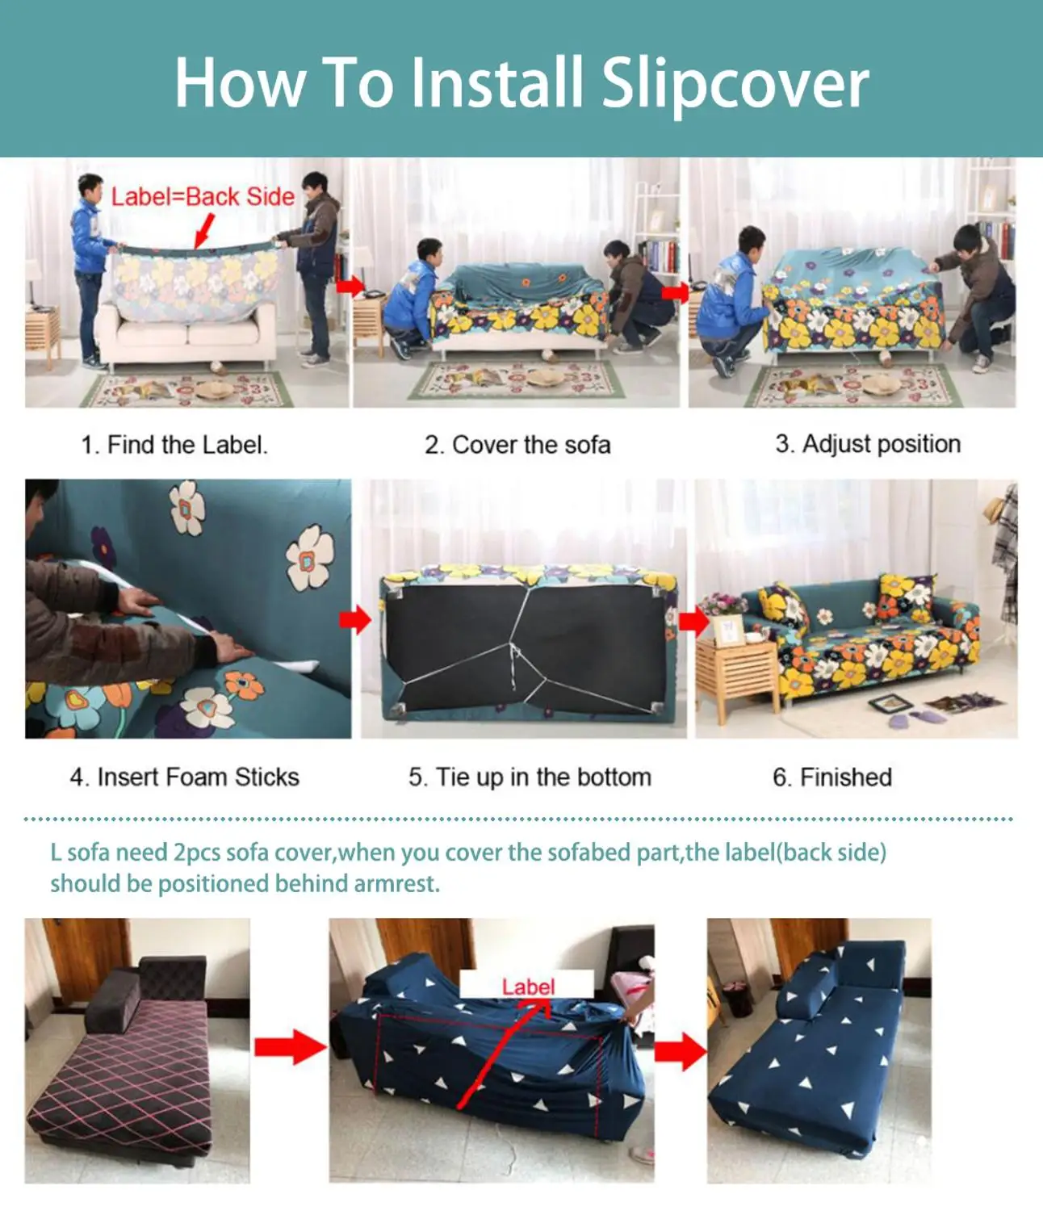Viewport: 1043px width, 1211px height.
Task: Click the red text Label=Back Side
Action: [203, 197]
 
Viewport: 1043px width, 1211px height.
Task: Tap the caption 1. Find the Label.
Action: [174, 445]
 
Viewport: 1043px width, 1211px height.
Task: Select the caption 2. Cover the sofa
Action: [517, 445]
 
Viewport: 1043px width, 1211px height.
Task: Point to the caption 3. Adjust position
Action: [868, 444]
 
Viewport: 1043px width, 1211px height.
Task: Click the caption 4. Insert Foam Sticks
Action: [185, 777]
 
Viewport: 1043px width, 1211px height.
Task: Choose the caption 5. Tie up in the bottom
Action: [530, 777]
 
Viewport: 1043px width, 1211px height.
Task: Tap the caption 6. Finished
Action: [832, 777]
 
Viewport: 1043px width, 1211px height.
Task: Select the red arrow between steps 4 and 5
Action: [355, 619]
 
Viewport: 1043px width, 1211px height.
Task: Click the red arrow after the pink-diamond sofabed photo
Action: [290, 1048]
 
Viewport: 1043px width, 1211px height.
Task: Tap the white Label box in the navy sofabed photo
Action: [527, 983]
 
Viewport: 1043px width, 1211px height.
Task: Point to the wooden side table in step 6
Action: [738, 674]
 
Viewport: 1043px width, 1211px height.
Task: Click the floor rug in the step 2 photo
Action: [516, 380]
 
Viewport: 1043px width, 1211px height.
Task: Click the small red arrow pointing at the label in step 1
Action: [204, 231]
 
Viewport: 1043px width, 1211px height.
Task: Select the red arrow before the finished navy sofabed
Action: [680, 1051]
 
